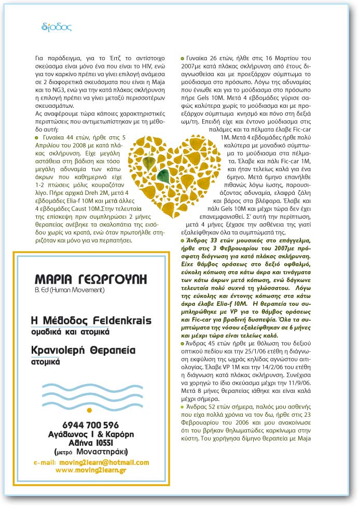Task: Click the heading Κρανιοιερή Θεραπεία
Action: pos(83,350)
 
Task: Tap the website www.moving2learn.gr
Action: pos(91,470)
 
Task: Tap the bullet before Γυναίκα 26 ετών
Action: pos(182,58)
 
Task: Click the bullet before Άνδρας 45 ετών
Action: pos(182,344)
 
